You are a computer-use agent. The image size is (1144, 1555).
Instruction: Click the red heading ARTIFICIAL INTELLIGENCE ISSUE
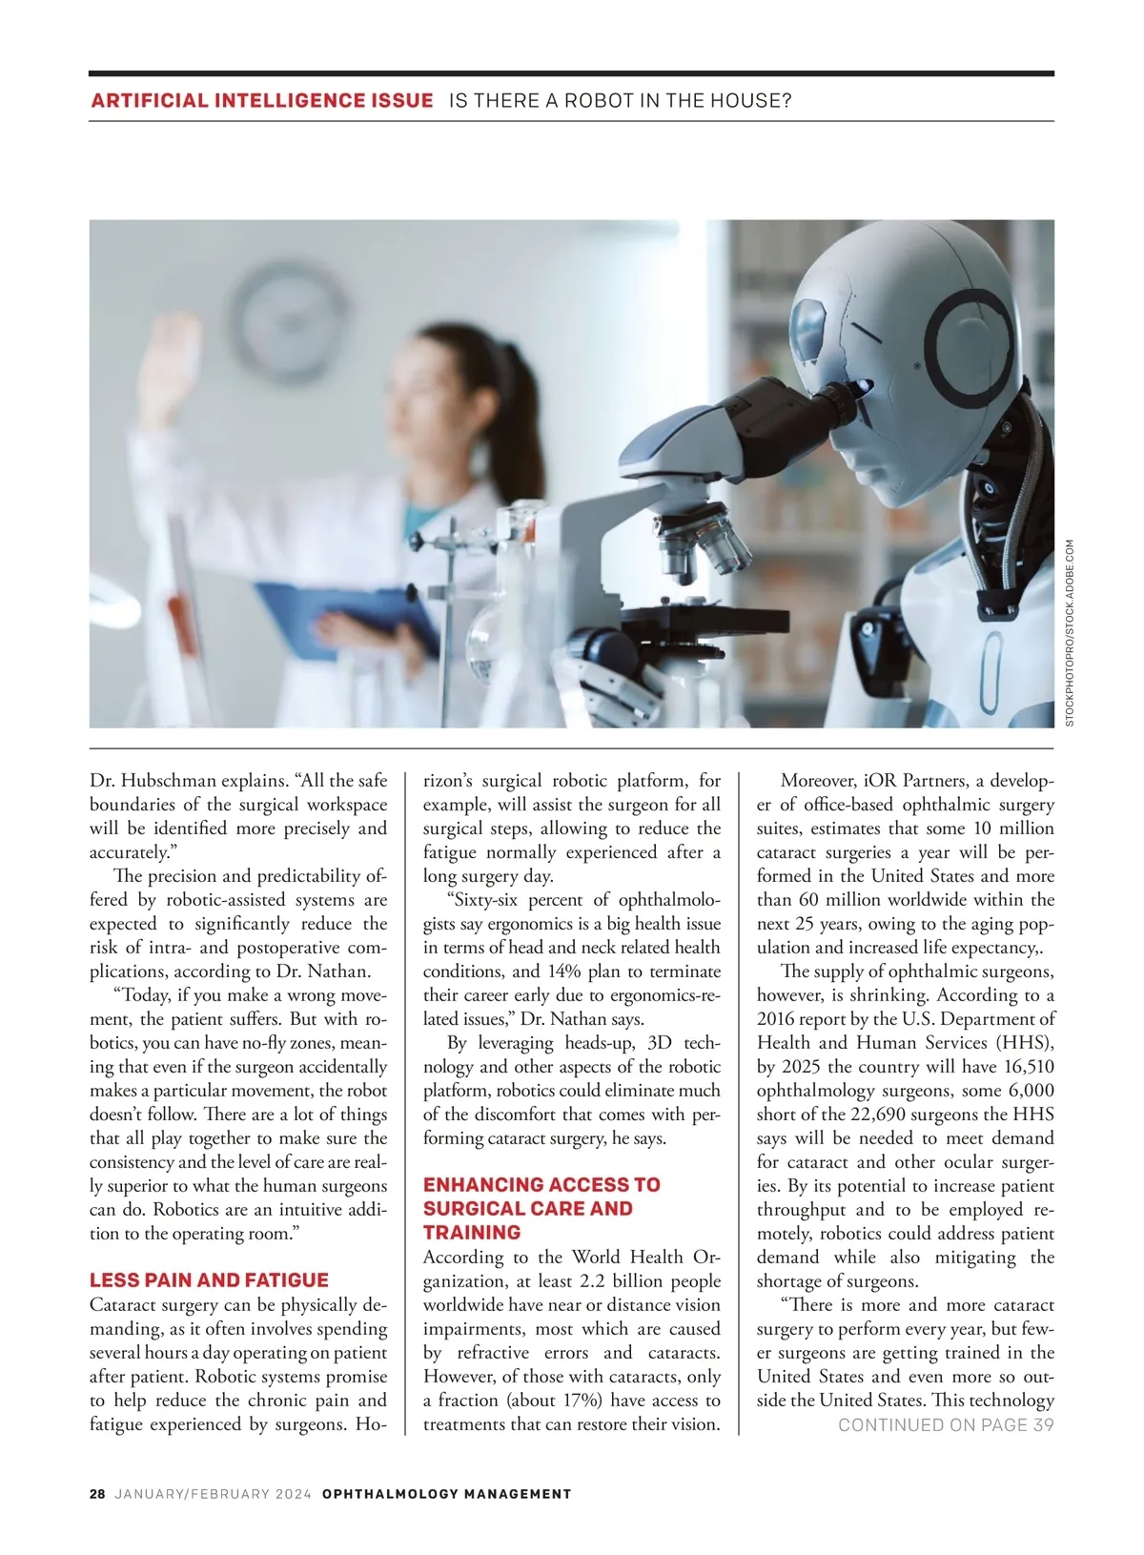pyautogui.click(x=261, y=101)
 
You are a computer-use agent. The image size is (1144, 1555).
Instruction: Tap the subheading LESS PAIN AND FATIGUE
pyautogui.click(x=209, y=1280)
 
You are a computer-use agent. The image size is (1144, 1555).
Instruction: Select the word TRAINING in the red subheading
pyautogui.click(x=472, y=1233)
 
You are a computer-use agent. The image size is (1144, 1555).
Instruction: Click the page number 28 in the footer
pyautogui.click(x=97, y=1494)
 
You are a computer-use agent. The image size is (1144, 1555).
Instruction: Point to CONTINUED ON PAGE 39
pyautogui.click(x=946, y=1425)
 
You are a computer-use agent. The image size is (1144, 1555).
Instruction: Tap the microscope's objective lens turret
pyautogui.click(x=703, y=542)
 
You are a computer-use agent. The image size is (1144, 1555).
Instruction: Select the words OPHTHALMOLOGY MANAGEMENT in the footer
pyautogui.click(x=446, y=1494)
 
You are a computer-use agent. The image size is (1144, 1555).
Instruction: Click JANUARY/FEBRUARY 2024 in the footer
pyautogui.click(x=213, y=1494)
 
